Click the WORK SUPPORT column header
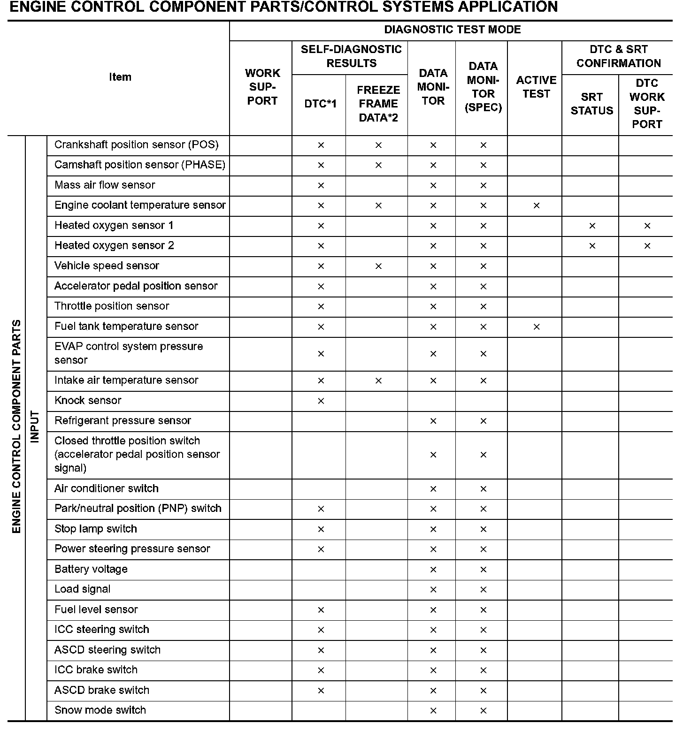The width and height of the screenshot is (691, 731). pos(262,87)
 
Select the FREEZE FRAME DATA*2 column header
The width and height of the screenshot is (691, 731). pos(378,104)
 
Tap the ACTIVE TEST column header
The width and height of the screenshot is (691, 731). pos(536,87)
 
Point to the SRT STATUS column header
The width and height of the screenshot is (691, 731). pos(591,104)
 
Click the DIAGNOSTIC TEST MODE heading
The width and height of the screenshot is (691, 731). pos(452,30)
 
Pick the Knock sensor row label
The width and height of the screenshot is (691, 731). pos(88,401)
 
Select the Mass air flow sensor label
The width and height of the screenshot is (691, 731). pos(105,185)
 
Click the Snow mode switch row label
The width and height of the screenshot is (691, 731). pos(100,710)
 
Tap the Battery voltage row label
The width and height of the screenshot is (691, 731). pos(91,570)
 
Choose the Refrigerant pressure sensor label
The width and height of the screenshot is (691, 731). pos(123,421)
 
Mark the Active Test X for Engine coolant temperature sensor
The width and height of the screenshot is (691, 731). pos(537,206)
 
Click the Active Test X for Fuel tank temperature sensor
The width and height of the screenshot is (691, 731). pos(537,327)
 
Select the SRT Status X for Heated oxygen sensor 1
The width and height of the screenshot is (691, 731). pos(592,226)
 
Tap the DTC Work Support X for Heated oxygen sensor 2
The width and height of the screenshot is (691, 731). pos(647,246)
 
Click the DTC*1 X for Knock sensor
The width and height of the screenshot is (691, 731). pos(321,401)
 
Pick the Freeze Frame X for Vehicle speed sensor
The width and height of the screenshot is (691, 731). pos(378,267)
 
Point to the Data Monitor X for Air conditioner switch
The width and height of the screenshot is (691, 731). pos(433,489)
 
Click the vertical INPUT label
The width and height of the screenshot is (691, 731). pos(36,427)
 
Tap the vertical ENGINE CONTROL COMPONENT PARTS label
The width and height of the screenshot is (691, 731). pos(16,427)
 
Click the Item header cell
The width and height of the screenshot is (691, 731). pos(120,77)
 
